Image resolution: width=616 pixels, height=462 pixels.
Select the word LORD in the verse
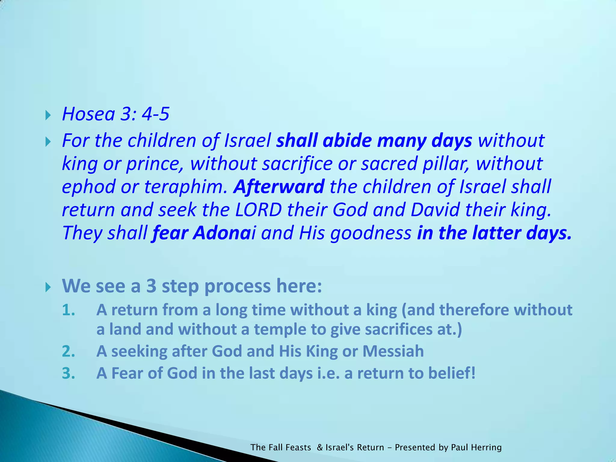tap(258, 210)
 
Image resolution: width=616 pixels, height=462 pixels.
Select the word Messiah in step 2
tap(393, 351)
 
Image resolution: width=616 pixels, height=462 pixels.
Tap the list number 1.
tap(69, 310)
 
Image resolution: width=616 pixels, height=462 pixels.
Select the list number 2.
tap(69, 351)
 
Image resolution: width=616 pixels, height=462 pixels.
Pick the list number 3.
tap(69, 373)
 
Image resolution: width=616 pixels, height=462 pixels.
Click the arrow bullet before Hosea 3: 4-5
tap(48, 115)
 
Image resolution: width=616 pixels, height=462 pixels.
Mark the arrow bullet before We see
tap(48, 287)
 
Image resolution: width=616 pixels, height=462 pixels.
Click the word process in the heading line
tap(238, 286)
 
